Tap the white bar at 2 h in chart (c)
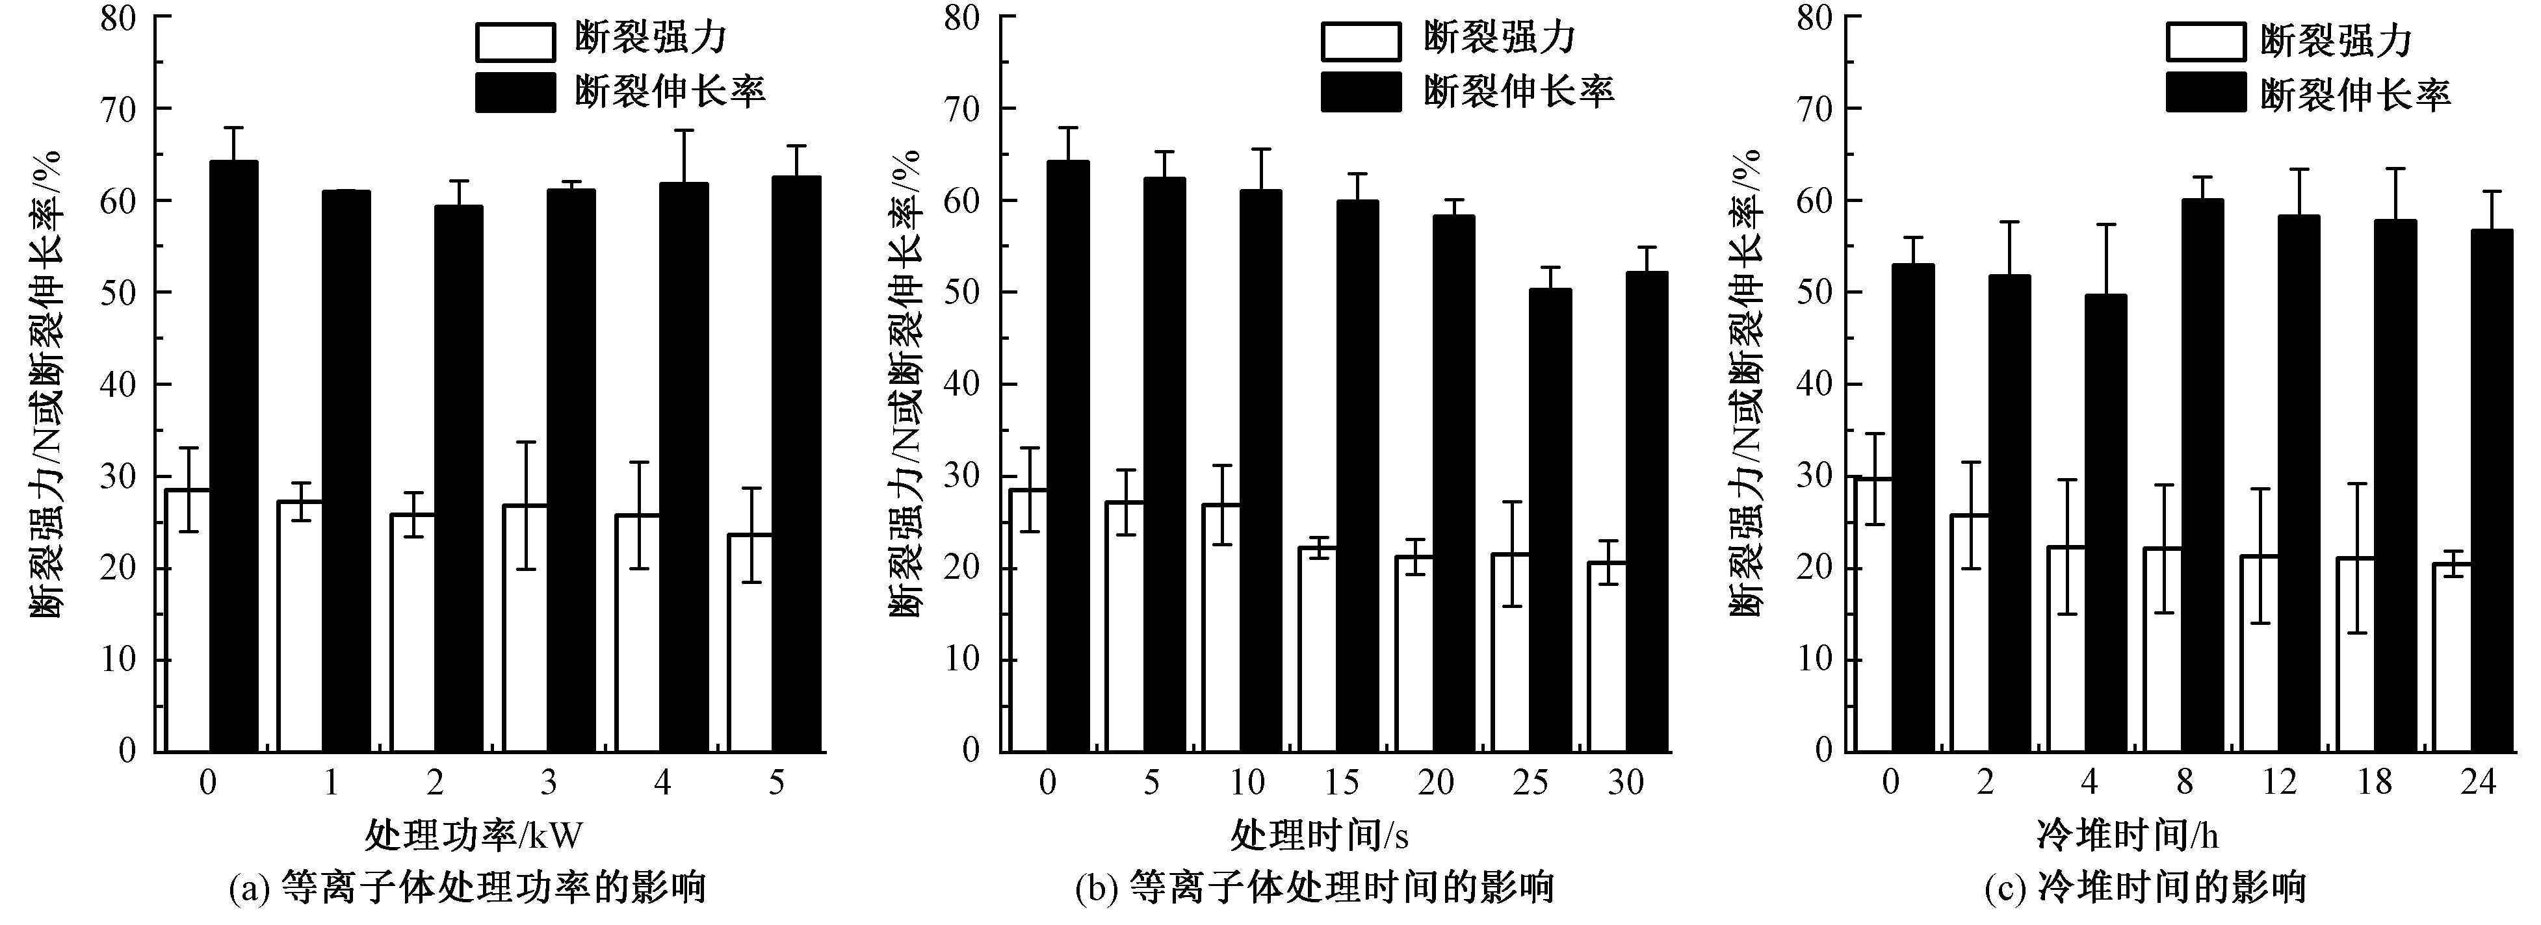(1970, 633)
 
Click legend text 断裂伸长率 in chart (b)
(1518, 92)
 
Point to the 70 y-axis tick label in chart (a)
(118, 108)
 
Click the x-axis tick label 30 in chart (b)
(1626, 783)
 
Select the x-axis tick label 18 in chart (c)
(2375, 783)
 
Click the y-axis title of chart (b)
(906, 385)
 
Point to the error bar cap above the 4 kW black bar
(684, 130)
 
